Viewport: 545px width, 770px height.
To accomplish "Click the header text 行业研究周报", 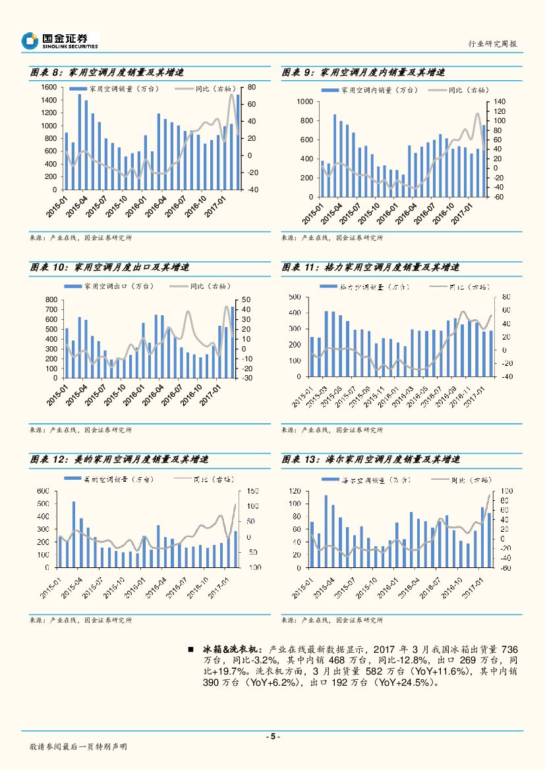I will tap(492, 43).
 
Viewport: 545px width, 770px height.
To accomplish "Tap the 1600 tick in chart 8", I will tap(48, 88).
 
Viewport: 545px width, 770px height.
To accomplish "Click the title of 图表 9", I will tap(363, 72).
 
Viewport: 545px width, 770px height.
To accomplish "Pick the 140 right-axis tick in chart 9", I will tap(498, 102).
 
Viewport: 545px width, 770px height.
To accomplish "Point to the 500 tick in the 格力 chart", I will tap(295, 297).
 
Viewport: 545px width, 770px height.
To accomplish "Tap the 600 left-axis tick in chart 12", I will tap(43, 491).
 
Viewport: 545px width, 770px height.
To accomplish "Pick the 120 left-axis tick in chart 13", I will tap(295, 492).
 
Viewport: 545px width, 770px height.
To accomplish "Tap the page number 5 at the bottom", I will tap(272, 736).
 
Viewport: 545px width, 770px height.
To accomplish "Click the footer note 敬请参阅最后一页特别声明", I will tap(78, 747).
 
